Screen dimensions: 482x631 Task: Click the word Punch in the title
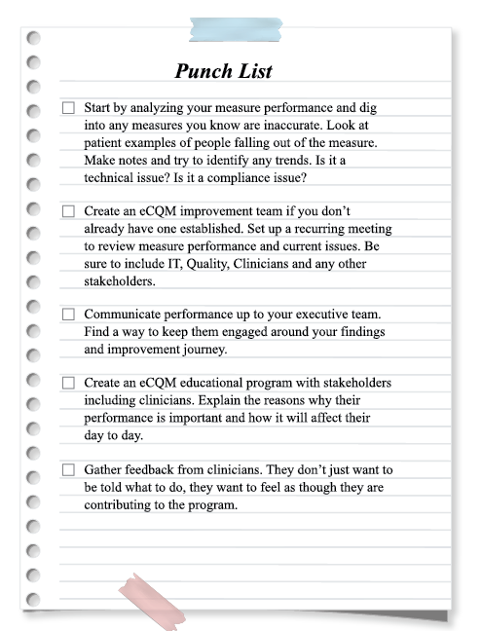tap(202, 71)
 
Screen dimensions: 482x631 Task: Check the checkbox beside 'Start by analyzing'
tap(68, 108)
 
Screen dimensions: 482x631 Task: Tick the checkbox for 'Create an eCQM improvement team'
tap(68, 211)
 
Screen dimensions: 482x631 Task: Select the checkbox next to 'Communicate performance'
tap(68, 315)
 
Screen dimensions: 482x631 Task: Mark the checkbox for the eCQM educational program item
tap(68, 384)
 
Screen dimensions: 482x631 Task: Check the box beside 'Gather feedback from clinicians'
tap(68, 470)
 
